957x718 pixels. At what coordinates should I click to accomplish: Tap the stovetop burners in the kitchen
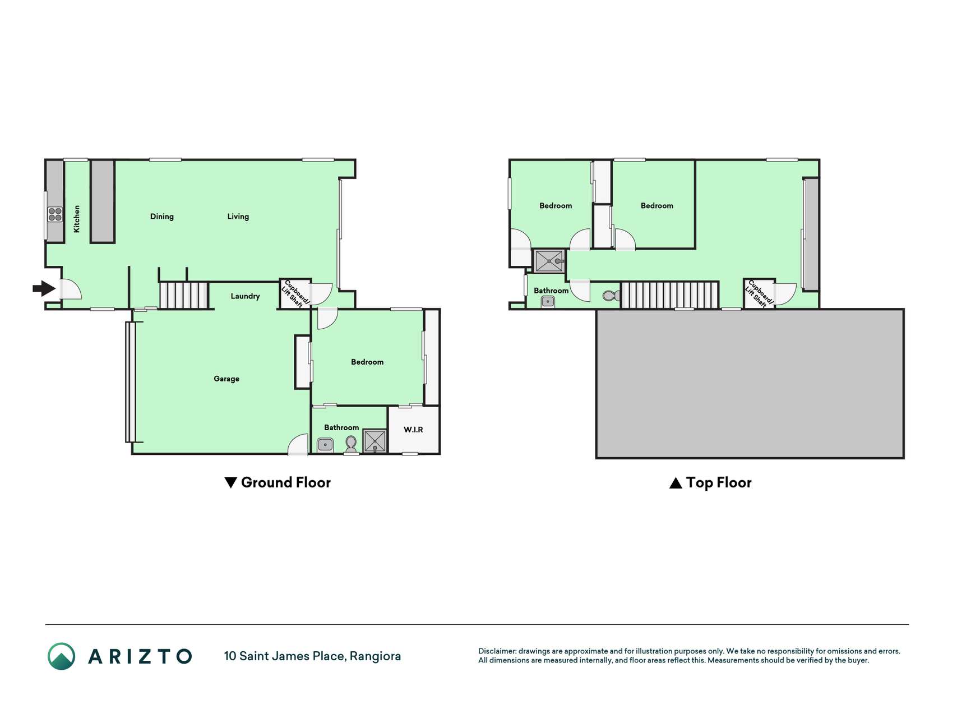coord(55,214)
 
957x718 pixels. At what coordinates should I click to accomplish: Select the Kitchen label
coord(77,219)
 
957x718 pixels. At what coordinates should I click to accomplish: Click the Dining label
coord(162,217)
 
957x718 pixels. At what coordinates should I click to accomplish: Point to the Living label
coord(238,217)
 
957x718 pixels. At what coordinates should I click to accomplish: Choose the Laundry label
coord(245,296)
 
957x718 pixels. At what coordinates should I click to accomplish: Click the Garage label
coord(226,379)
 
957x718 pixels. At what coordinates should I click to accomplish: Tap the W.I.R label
coord(413,430)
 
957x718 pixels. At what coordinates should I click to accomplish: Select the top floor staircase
coord(669,295)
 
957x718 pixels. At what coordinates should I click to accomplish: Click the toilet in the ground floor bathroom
coord(351,444)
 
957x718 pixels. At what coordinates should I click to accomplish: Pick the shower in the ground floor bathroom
coord(375,441)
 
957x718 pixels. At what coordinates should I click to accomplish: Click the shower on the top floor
coord(549,261)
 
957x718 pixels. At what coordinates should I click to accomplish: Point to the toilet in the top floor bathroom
coord(611,295)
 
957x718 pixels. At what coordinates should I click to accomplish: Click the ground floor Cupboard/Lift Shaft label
coord(295,293)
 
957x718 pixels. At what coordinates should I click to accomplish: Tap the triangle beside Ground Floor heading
coord(230,482)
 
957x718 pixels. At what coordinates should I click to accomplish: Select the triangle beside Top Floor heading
coord(676,483)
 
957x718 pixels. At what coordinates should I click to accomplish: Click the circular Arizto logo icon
coord(61,656)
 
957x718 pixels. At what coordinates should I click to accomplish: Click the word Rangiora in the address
coord(375,656)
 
